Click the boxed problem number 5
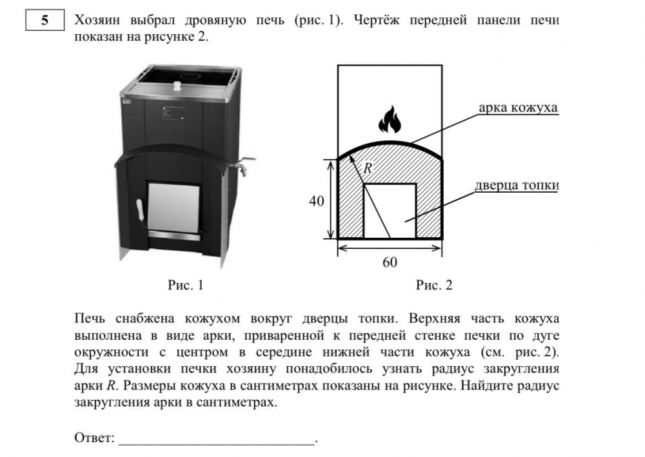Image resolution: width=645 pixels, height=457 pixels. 45,20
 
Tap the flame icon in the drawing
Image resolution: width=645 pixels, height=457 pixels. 390,119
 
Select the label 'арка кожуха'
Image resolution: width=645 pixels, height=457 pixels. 519,108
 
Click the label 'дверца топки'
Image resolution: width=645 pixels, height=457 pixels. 517,186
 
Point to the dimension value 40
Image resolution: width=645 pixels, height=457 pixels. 316,201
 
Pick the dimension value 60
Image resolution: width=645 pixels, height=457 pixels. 390,262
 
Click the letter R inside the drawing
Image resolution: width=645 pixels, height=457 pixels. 368,168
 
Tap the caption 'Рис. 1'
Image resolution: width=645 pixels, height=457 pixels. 186,285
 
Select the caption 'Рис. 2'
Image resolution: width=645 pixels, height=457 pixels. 434,285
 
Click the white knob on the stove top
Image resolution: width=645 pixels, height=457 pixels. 177,86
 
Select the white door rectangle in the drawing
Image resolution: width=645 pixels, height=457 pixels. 390,211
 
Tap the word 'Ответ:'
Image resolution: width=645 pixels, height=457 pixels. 94,438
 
